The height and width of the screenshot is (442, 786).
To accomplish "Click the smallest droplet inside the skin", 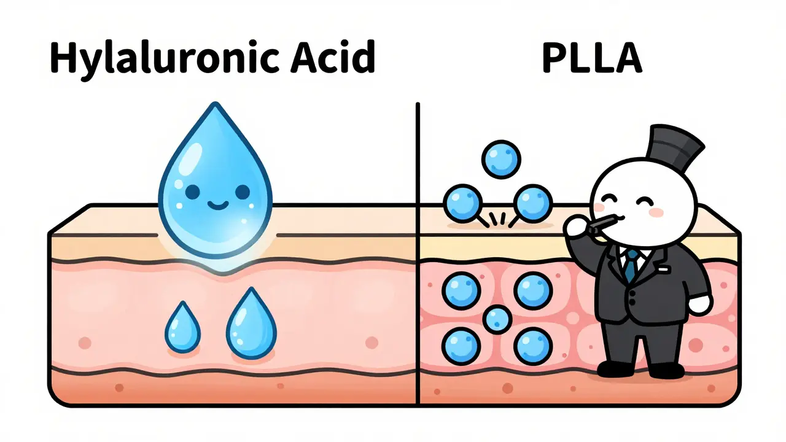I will tap(182, 327).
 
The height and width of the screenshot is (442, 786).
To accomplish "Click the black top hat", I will tap(666, 145).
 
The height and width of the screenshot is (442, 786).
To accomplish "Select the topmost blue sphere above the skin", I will tap(501, 160).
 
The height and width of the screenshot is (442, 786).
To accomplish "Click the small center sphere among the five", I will tap(497, 319).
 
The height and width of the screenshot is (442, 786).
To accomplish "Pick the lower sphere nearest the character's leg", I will tap(532, 346).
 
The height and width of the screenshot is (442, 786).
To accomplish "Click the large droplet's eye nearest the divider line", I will tap(243, 192).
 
